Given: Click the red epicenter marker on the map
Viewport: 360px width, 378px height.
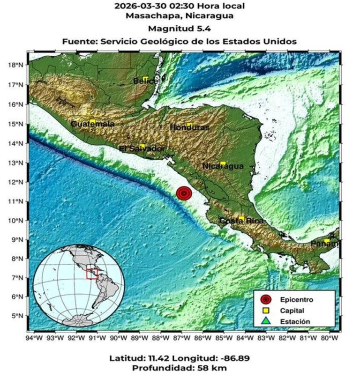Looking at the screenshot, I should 184,193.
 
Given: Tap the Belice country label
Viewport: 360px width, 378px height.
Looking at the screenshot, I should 145,81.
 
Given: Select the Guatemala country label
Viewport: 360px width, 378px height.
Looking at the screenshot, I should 92,124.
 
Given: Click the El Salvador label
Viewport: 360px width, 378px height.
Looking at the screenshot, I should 142,149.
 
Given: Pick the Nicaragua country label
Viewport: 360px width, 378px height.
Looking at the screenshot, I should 223,166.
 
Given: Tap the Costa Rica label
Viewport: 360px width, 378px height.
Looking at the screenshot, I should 241,221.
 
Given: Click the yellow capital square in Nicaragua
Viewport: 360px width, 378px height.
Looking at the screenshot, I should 223,163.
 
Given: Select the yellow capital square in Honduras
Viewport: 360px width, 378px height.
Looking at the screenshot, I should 189,125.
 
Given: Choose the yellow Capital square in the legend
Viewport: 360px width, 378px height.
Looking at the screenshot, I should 266,310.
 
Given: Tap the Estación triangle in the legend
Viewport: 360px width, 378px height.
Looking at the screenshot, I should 266,321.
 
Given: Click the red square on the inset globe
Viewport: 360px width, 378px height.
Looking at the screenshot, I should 92,274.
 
